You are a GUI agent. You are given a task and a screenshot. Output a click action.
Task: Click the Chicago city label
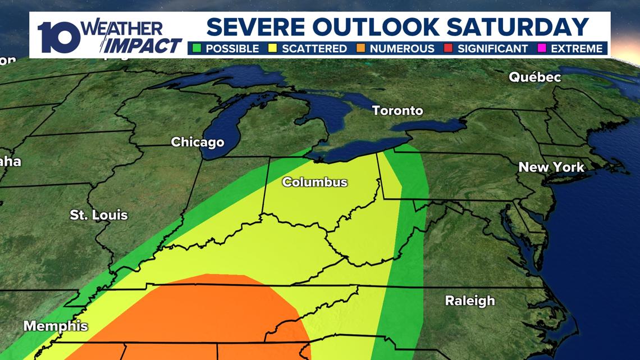point(197,142)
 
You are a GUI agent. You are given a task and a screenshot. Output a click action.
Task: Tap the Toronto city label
point(397,111)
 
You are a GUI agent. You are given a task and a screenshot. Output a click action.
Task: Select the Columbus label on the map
point(314,182)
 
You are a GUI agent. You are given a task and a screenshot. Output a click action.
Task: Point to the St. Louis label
point(99,215)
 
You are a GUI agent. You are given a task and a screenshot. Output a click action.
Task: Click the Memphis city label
point(56,326)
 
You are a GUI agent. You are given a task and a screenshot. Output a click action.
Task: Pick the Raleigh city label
point(470,300)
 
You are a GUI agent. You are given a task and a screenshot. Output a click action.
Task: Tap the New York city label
point(551,167)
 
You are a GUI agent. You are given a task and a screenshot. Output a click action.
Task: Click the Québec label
point(534,78)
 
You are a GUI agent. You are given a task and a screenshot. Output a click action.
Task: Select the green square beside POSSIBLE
point(196,48)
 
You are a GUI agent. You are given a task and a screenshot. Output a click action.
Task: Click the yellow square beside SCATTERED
point(273,48)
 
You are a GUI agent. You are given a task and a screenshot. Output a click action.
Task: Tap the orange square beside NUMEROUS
point(360,48)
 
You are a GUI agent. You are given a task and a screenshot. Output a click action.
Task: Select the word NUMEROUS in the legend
point(401,49)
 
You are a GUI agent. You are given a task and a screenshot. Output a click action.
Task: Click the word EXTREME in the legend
point(577,49)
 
